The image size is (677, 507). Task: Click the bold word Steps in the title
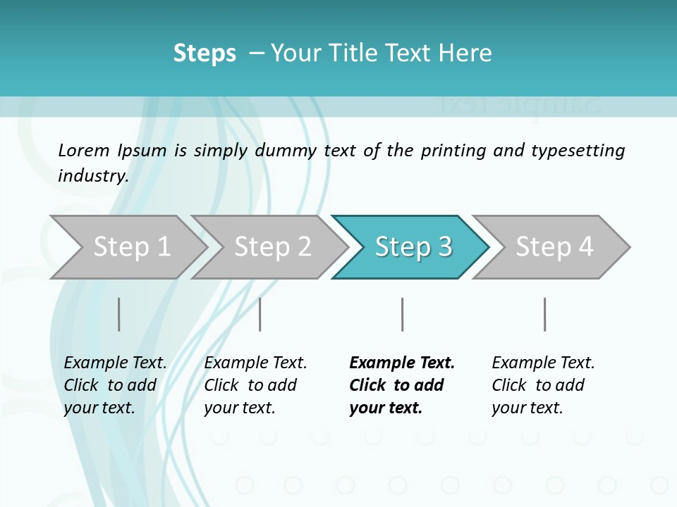(205, 54)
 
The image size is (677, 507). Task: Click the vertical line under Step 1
(119, 314)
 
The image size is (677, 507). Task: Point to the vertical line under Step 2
(260, 314)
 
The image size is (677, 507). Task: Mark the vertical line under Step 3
(402, 314)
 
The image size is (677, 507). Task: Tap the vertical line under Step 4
(544, 314)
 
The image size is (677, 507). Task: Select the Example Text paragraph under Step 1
(115, 385)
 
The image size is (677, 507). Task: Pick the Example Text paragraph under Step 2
(255, 385)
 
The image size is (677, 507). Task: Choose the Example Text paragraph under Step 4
(543, 385)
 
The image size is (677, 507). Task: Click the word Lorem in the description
(84, 151)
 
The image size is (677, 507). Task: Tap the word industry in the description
(93, 176)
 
